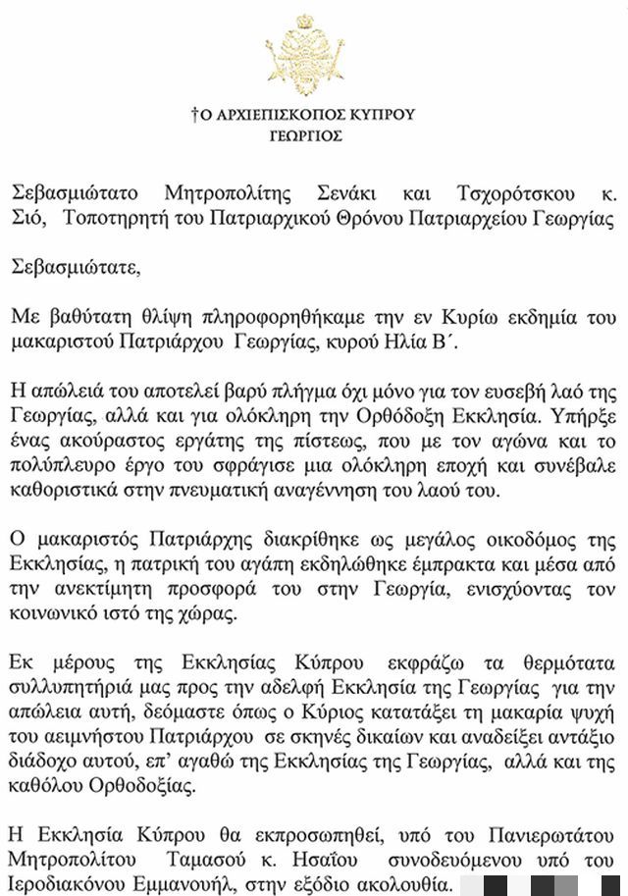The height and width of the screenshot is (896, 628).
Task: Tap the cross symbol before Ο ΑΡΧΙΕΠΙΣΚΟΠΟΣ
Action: tap(194, 115)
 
